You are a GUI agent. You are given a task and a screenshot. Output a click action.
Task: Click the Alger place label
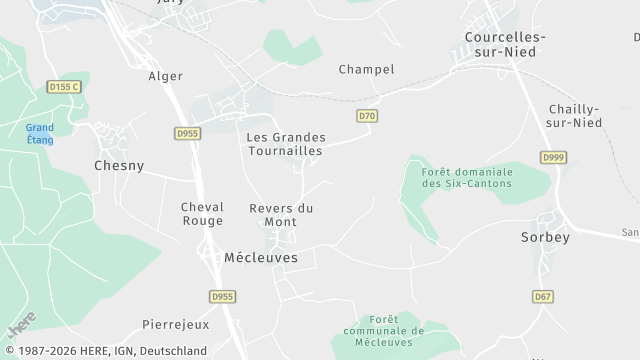[166, 76]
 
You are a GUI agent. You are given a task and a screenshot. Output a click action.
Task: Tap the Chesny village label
[119, 166]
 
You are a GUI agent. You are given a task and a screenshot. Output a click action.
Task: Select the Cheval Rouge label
[202, 213]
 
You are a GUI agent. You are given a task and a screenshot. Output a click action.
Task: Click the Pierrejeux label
[175, 325]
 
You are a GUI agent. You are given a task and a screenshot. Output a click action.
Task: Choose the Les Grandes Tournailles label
[284, 143]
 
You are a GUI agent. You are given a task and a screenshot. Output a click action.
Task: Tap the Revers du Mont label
[281, 214]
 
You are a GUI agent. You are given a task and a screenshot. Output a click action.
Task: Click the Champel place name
[366, 70]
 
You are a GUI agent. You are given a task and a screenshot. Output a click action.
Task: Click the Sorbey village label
[545, 238]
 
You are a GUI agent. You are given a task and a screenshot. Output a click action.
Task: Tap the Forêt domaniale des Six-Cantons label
[466, 177]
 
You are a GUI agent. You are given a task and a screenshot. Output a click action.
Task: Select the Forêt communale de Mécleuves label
[384, 329]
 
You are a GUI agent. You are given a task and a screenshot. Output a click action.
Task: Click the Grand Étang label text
[40, 134]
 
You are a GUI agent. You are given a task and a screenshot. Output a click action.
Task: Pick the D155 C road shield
[63, 88]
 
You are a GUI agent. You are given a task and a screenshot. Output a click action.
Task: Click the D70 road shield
[368, 117]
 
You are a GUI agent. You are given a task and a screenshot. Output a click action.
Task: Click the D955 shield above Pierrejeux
[221, 297]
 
